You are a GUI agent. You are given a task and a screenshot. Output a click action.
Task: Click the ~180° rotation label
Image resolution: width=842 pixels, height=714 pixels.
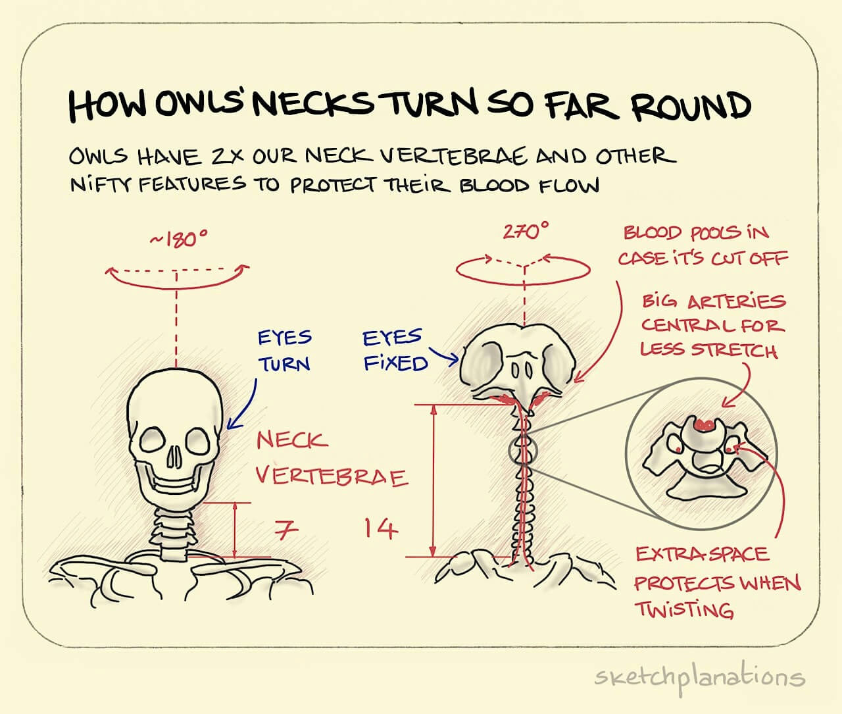tap(178, 239)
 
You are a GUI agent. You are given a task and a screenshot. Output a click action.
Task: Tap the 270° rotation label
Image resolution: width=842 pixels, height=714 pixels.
tap(526, 232)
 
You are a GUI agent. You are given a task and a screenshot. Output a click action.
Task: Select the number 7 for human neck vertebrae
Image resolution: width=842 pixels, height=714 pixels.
tap(286, 530)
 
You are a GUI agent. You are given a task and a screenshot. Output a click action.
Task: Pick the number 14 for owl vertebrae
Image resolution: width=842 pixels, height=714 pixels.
tap(380, 528)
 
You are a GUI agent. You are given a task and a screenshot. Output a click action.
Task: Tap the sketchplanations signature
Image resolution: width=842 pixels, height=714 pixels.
tap(699, 678)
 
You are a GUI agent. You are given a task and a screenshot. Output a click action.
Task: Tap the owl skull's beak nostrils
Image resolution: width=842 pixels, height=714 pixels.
tap(521, 371)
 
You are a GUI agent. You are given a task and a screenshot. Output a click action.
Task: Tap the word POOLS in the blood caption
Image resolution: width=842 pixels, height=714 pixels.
tap(716, 234)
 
